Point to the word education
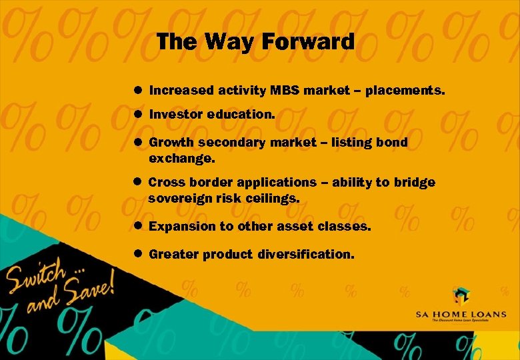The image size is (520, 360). click(241, 115)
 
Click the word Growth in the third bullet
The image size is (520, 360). click(171, 143)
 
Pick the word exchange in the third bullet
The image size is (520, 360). click(181, 159)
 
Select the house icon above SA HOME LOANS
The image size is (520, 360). click(461, 296)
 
